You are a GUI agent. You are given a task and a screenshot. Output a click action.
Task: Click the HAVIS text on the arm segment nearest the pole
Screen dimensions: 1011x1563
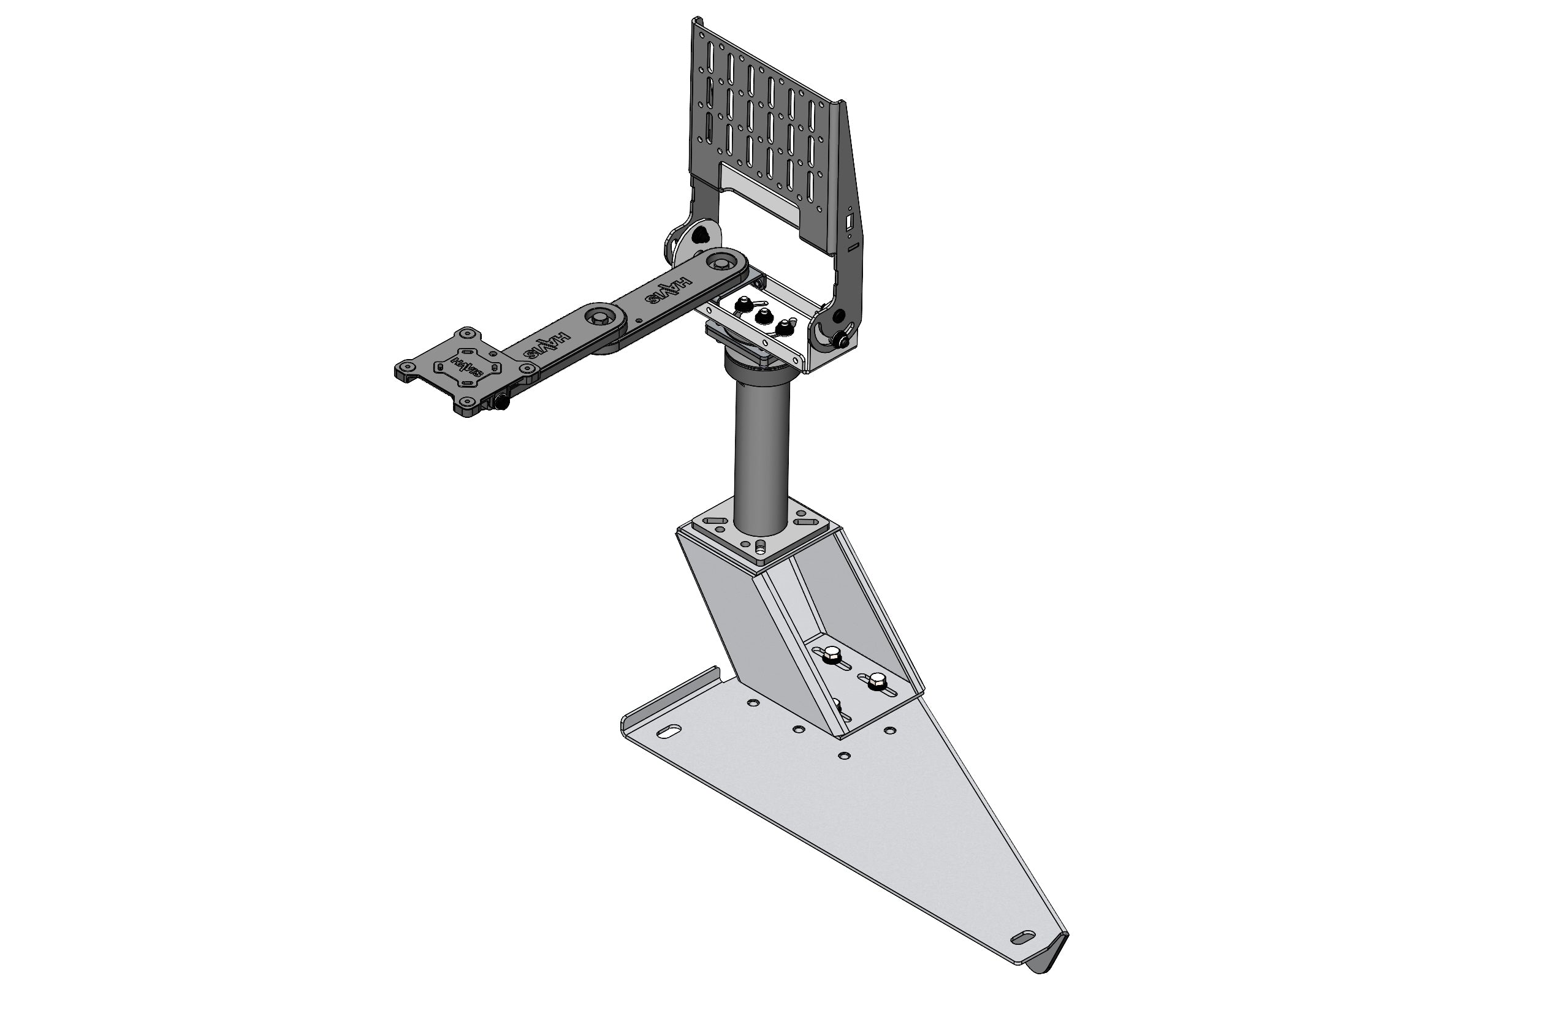click(x=668, y=293)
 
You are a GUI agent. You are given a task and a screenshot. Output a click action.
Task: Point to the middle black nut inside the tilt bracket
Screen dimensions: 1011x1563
click(x=762, y=317)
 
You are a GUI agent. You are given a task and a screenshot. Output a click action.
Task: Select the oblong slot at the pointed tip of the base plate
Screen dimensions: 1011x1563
click(x=1022, y=937)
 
